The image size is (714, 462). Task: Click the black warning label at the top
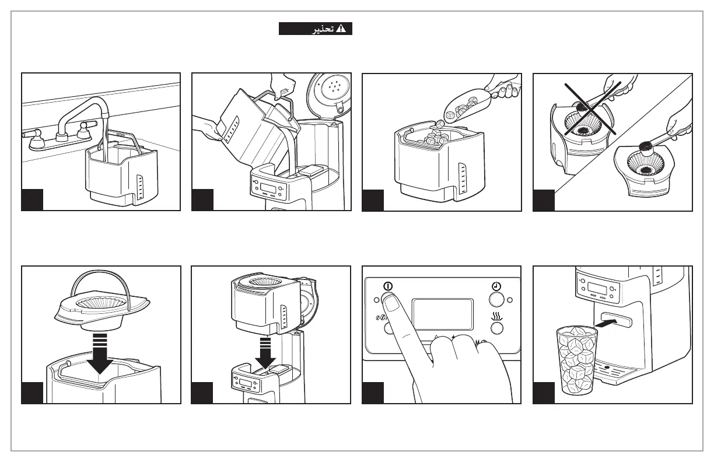click(316, 29)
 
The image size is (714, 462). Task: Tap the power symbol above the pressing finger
click(388, 286)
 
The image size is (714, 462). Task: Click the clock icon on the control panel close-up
click(495, 286)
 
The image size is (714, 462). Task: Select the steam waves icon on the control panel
click(496, 316)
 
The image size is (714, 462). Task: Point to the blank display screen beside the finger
click(442, 315)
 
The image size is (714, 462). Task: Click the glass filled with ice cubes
click(577, 360)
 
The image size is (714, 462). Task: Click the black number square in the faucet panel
click(33, 199)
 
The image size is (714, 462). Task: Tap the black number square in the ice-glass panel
click(544, 393)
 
